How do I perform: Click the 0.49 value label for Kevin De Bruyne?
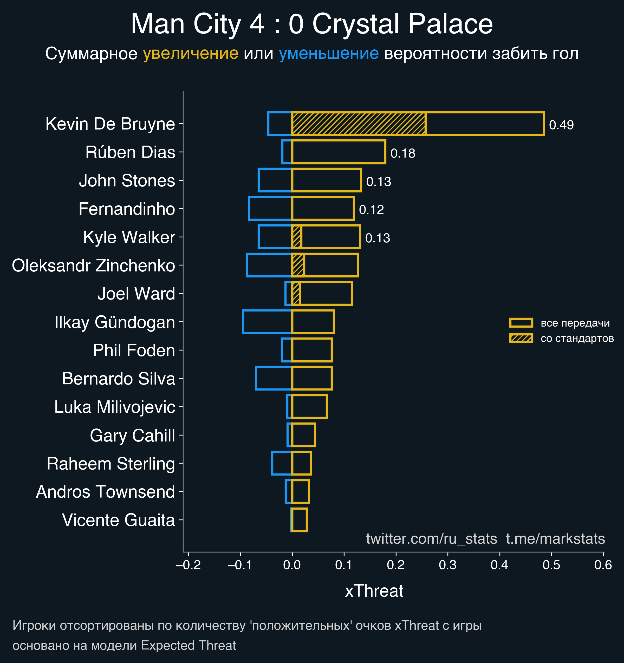click(x=561, y=125)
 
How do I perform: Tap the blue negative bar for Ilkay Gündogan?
click(x=267, y=322)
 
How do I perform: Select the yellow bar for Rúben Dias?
click(x=339, y=152)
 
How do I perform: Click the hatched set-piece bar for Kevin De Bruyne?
click(x=359, y=124)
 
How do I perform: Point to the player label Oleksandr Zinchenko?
click(x=93, y=266)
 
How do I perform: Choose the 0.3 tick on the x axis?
click(x=447, y=565)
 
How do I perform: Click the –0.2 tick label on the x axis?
click(x=188, y=565)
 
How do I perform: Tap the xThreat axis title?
click(x=374, y=591)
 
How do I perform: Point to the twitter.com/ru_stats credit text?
click(x=432, y=539)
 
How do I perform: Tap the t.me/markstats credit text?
click(x=555, y=539)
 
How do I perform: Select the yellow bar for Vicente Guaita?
click(x=299, y=520)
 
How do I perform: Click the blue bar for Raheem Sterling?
click(x=282, y=463)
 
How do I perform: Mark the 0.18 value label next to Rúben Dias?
click(x=402, y=153)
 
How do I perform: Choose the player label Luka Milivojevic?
click(x=115, y=407)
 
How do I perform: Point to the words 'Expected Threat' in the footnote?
click(x=188, y=646)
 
